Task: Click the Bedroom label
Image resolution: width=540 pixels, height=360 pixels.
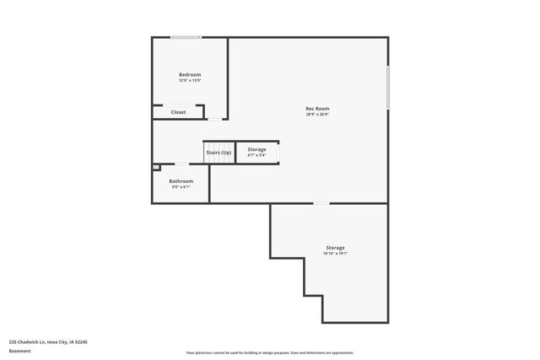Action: click(190, 75)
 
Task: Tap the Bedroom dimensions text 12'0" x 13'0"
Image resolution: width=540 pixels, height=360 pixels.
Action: click(190, 81)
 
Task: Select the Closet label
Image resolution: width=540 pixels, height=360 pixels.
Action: click(178, 112)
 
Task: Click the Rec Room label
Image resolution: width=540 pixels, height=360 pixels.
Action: click(317, 108)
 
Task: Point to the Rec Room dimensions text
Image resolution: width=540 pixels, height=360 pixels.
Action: click(317, 114)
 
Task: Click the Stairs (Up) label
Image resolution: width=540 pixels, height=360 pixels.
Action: click(219, 152)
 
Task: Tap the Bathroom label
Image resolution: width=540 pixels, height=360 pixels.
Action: click(181, 181)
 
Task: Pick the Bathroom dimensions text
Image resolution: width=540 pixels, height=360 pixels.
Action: click(181, 187)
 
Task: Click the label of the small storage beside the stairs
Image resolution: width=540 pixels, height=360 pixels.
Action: click(256, 149)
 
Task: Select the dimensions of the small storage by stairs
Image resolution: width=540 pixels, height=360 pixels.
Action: click(256, 155)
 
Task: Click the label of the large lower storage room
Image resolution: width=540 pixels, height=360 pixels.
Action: click(335, 247)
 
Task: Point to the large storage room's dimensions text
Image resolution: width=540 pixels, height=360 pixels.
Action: click(335, 253)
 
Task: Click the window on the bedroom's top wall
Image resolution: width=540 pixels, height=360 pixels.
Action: click(186, 37)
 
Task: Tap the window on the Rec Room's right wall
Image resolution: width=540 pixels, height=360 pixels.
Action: click(388, 88)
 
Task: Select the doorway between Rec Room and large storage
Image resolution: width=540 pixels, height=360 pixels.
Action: click(321, 203)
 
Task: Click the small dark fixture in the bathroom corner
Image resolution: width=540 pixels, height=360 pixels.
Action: click(156, 168)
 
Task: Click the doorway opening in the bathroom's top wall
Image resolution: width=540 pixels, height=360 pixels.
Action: click(181, 164)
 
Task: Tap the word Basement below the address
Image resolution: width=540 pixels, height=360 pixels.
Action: click(19, 351)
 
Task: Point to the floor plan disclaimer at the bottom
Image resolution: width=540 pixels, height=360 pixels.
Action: click(270, 352)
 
